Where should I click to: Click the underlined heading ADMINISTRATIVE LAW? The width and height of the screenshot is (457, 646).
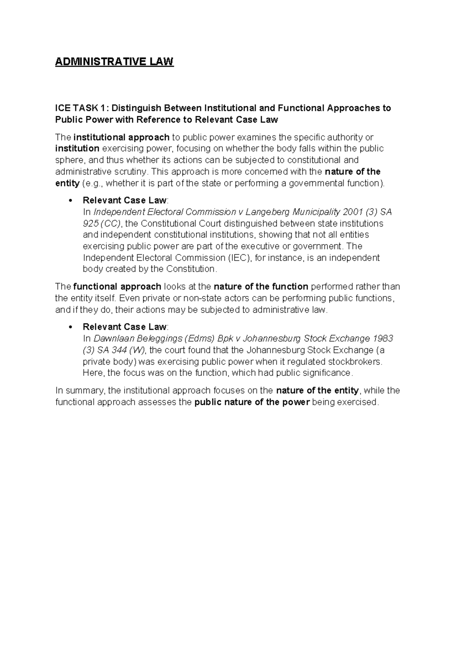tap(114, 61)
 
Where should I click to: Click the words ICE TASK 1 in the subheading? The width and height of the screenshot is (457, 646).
tap(78, 108)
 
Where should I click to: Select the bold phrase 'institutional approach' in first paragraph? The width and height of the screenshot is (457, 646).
tap(121, 137)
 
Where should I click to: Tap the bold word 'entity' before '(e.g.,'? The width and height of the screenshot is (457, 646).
tap(67, 183)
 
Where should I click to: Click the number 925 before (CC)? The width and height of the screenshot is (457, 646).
tap(91, 223)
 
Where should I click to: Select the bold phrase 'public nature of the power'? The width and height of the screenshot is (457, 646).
tap(252, 402)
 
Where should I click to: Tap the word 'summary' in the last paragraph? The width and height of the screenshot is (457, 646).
tap(85, 390)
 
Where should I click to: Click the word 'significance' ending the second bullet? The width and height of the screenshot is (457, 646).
tap(328, 373)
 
